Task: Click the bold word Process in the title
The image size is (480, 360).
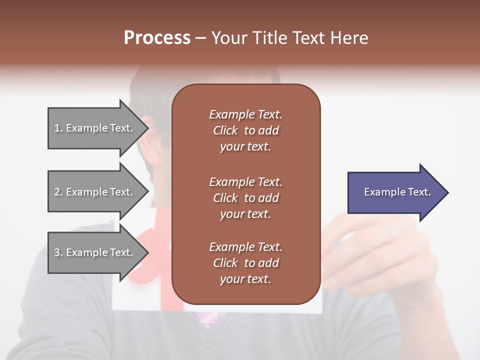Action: (157, 38)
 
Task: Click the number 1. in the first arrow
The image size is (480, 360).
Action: (58, 128)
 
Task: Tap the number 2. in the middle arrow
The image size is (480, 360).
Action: (58, 192)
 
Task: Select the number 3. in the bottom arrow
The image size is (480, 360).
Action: (58, 252)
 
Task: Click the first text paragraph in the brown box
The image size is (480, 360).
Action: (245, 130)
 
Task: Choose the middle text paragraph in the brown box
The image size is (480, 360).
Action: (245, 198)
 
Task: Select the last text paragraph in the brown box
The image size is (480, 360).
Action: (245, 263)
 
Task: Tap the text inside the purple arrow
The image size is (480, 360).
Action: (397, 192)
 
